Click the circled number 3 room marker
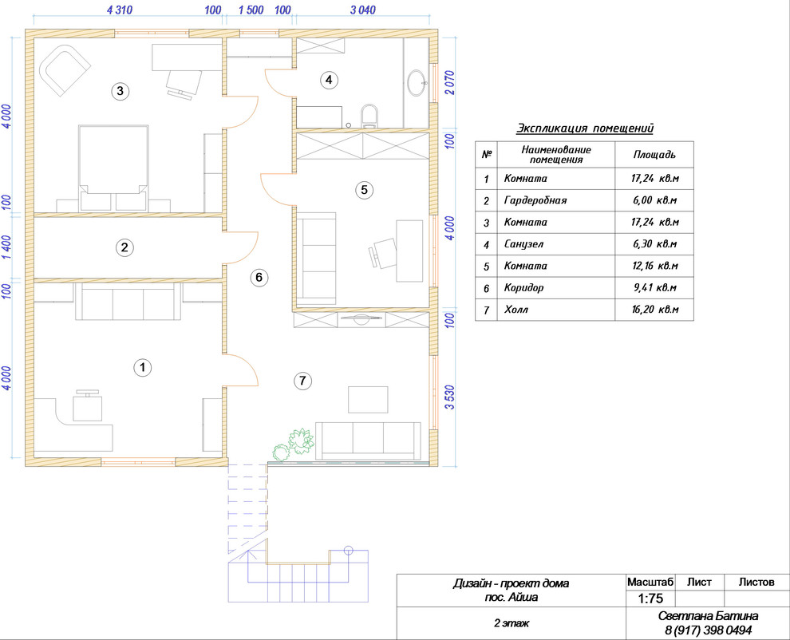(120, 91)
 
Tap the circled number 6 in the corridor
(259, 277)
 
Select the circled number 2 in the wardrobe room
(124, 247)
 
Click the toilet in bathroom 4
(369, 116)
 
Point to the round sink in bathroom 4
(417, 83)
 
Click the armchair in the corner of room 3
(65, 70)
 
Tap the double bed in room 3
(113, 168)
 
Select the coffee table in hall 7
(368, 400)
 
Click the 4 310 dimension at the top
(120, 10)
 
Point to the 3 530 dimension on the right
(450, 397)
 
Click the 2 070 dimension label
(450, 83)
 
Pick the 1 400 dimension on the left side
(6, 247)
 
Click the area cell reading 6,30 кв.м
(654, 244)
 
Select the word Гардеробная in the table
(535, 200)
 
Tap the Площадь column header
(654, 155)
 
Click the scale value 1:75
(650, 599)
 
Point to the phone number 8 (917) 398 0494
(708, 630)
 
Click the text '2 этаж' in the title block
(512, 623)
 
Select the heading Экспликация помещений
(585, 128)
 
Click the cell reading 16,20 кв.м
(655, 310)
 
